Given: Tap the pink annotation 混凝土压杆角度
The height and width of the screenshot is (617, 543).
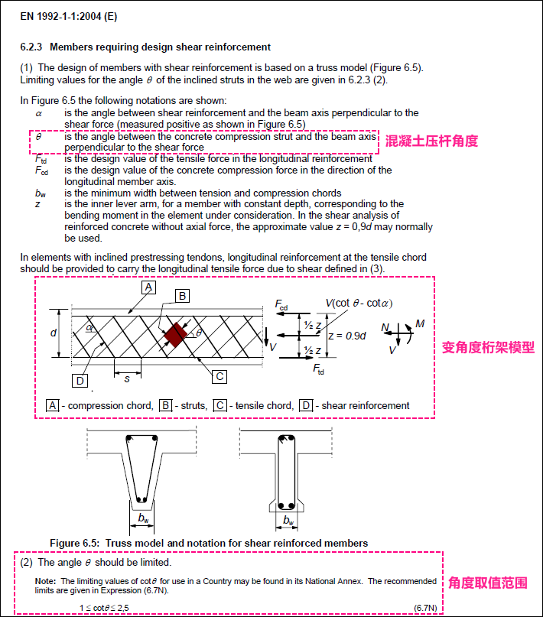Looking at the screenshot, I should click(x=432, y=141).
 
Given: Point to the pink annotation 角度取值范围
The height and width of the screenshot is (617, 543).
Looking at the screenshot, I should click(x=487, y=583).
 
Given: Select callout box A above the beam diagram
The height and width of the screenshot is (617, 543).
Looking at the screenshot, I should click(x=148, y=287).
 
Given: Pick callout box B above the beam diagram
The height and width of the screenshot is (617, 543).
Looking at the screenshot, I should click(x=182, y=295).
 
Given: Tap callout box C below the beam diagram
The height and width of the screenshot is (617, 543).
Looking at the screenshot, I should click(x=219, y=375).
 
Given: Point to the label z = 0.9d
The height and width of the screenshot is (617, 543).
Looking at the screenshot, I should click(x=346, y=335).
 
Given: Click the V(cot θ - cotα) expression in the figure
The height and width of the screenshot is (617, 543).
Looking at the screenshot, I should click(x=359, y=304).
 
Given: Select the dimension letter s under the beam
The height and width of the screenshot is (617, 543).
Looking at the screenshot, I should click(x=127, y=378).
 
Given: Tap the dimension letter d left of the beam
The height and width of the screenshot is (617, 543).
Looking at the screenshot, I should click(x=53, y=333).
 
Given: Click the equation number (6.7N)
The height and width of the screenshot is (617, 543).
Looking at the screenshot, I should click(x=425, y=607).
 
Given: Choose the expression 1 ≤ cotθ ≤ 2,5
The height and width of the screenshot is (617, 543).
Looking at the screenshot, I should click(x=110, y=607).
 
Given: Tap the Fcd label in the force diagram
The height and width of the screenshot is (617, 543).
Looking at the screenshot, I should click(x=281, y=305).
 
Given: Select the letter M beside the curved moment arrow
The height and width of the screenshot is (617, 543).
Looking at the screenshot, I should click(x=420, y=324).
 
